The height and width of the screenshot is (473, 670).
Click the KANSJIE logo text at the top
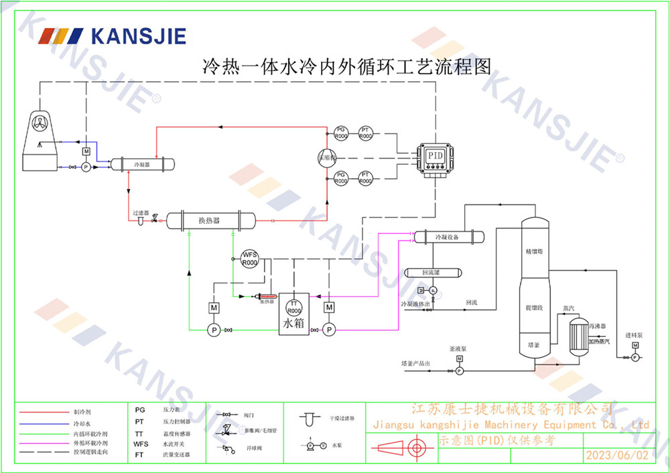tap(138, 35)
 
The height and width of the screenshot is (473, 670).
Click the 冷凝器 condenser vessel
tap(143, 164)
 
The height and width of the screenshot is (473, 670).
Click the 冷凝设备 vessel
tap(448, 237)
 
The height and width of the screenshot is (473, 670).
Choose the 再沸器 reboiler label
tap(598, 326)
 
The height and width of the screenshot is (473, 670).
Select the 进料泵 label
tap(634, 334)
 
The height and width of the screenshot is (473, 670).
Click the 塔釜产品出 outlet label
tap(415, 362)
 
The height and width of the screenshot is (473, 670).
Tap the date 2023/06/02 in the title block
tap(617, 455)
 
